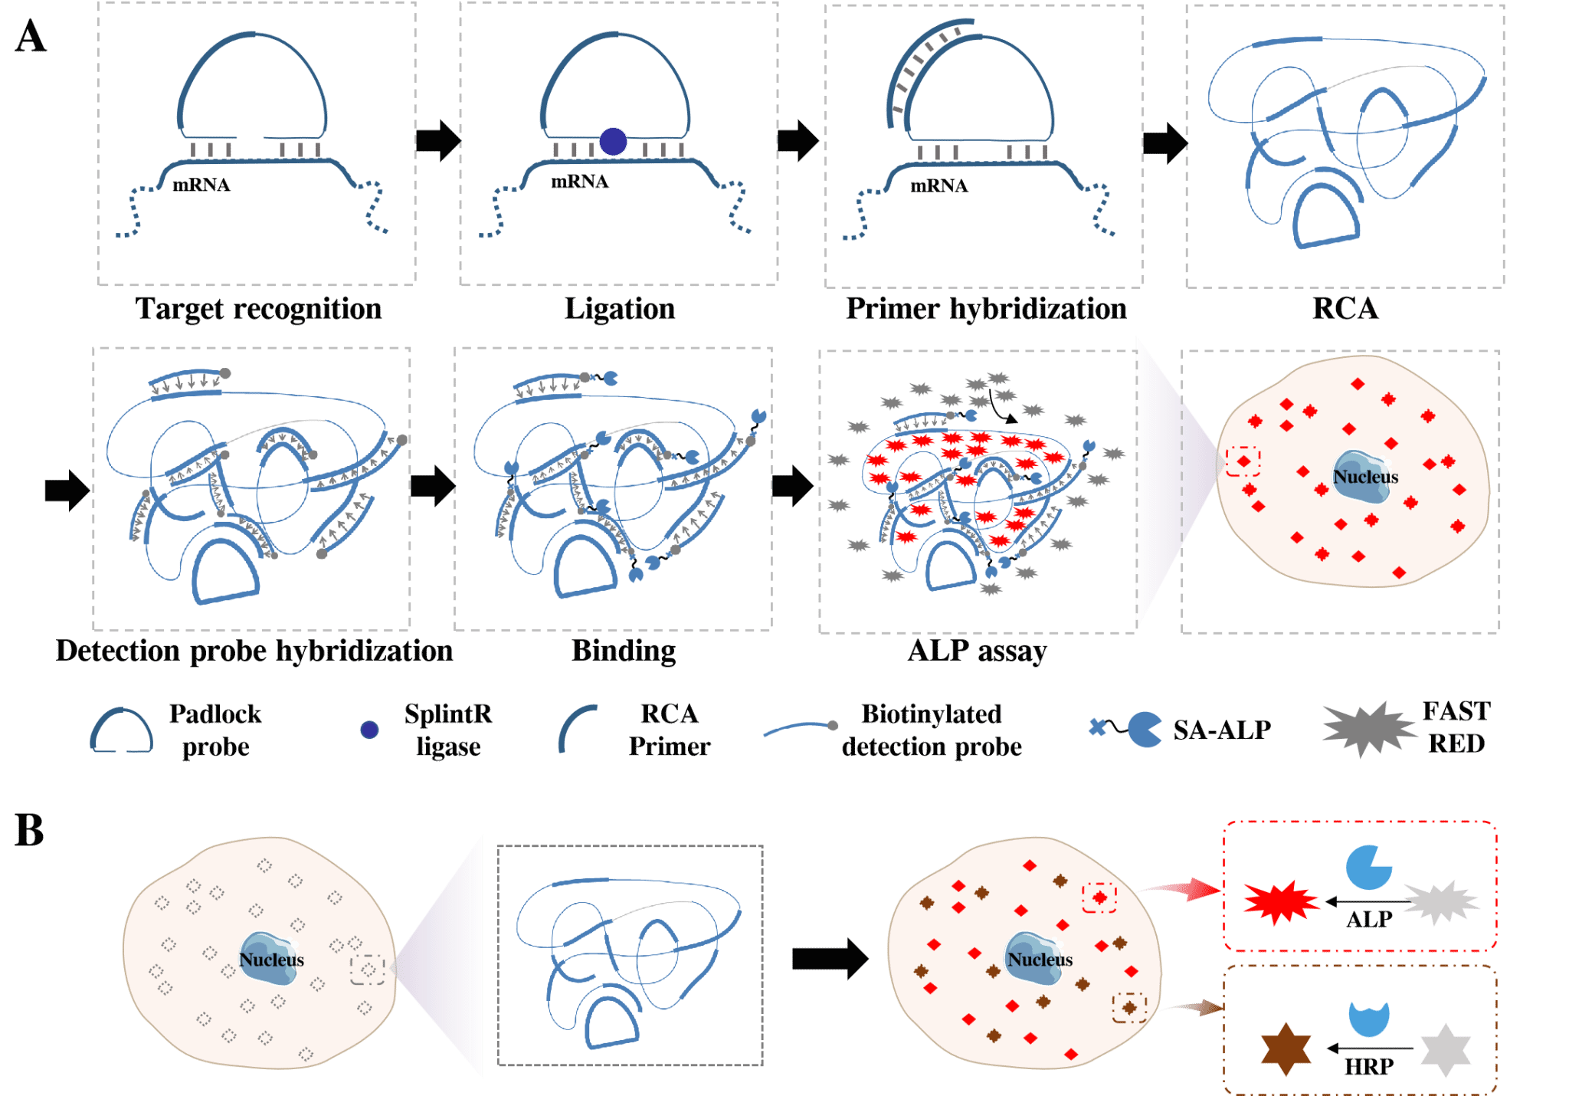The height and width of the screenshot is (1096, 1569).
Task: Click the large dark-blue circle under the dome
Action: (x=613, y=141)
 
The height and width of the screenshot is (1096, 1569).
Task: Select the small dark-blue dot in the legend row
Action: (x=369, y=730)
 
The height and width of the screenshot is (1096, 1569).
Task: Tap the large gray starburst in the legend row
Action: (x=1369, y=729)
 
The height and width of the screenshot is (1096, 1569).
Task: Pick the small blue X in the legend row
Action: (x=1097, y=727)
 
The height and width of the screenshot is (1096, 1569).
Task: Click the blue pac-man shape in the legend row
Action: (x=1144, y=729)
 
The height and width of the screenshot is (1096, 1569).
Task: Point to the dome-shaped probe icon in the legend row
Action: (x=122, y=731)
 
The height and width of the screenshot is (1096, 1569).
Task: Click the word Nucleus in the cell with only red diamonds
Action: (x=1365, y=477)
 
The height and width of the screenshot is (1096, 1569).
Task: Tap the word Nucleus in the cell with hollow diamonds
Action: (x=271, y=960)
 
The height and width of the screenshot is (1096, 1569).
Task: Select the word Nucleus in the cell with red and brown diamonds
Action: (x=1040, y=960)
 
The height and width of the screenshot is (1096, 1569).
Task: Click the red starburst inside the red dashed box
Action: (x=1280, y=901)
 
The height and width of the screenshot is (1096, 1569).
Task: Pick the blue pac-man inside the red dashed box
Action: (x=1368, y=868)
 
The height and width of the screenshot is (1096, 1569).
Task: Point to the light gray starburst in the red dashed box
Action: (x=1440, y=902)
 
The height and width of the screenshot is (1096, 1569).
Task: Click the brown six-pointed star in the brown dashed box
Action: (x=1286, y=1048)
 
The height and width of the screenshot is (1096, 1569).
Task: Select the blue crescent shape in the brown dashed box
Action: (x=1368, y=1018)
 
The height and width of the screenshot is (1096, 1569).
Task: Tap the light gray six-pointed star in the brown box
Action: (x=1446, y=1050)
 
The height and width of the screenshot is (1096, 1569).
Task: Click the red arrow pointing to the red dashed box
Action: (x=1184, y=889)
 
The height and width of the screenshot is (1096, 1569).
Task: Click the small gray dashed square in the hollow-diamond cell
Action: (x=368, y=970)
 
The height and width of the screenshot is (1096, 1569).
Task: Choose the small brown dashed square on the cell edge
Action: (x=1129, y=1007)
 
